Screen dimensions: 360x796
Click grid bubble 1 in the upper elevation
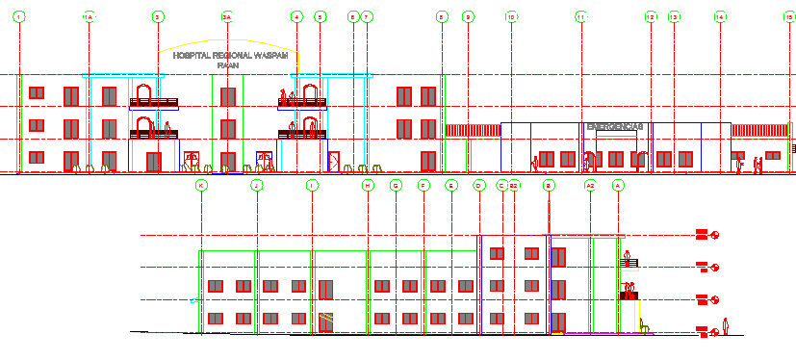point(19,17)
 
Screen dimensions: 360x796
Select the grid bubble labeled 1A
point(89,17)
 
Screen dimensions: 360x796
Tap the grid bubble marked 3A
point(227,17)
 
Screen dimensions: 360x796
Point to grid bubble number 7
point(367,17)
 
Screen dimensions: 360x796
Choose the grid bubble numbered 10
point(511,17)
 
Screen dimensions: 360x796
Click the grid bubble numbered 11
point(580,17)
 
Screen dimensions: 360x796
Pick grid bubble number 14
point(720,17)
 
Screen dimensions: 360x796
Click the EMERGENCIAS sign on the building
point(614,126)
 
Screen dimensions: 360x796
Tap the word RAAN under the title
point(227,65)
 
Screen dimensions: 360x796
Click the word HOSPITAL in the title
point(191,56)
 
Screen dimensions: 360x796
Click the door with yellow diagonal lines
point(327,321)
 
